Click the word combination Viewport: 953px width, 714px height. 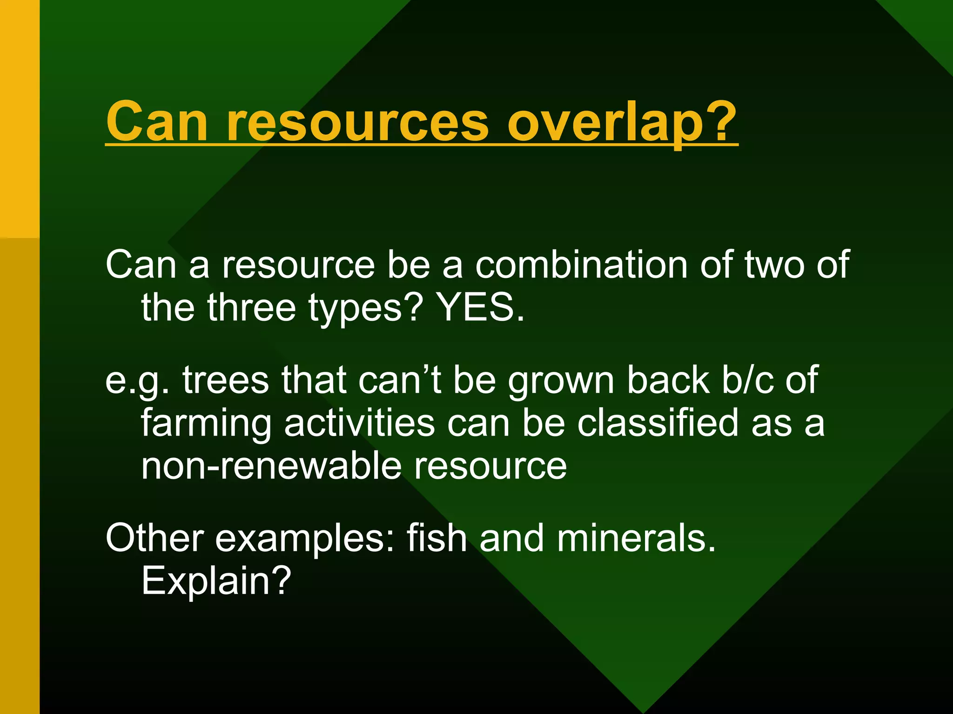click(x=581, y=264)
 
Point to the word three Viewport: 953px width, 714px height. click(x=251, y=308)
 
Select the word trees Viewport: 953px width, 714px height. click(x=226, y=380)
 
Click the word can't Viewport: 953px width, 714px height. click(x=399, y=380)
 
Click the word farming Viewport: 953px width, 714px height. click(x=206, y=424)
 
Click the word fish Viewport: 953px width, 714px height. click(x=436, y=538)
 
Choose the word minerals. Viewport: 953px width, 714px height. click(x=636, y=538)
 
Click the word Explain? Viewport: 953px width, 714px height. click(x=216, y=581)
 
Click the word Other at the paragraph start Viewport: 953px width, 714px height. click(x=154, y=538)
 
